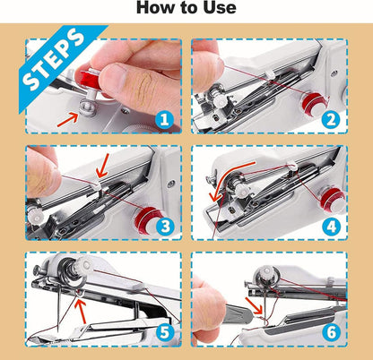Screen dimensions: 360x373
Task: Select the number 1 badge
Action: point(164,116)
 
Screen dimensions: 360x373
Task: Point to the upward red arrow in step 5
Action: point(82,313)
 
